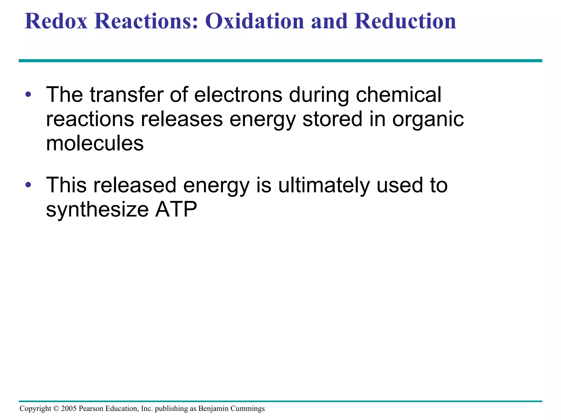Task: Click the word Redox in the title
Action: tap(56, 21)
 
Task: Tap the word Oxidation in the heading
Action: tap(254, 21)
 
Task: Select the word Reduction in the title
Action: tap(405, 21)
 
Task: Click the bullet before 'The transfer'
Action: tap(28, 95)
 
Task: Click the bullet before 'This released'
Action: tap(28, 185)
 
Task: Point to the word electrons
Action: tap(238, 95)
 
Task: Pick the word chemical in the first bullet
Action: tap(398, 95)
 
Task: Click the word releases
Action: tap(182, 119)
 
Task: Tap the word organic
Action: tap(428, 119)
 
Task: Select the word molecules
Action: tap(95, 144)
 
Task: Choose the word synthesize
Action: tap(97, 210)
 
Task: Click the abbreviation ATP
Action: tap(176, 210)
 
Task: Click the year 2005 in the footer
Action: tap(69, 409)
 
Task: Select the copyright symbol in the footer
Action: tap(56, 409)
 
